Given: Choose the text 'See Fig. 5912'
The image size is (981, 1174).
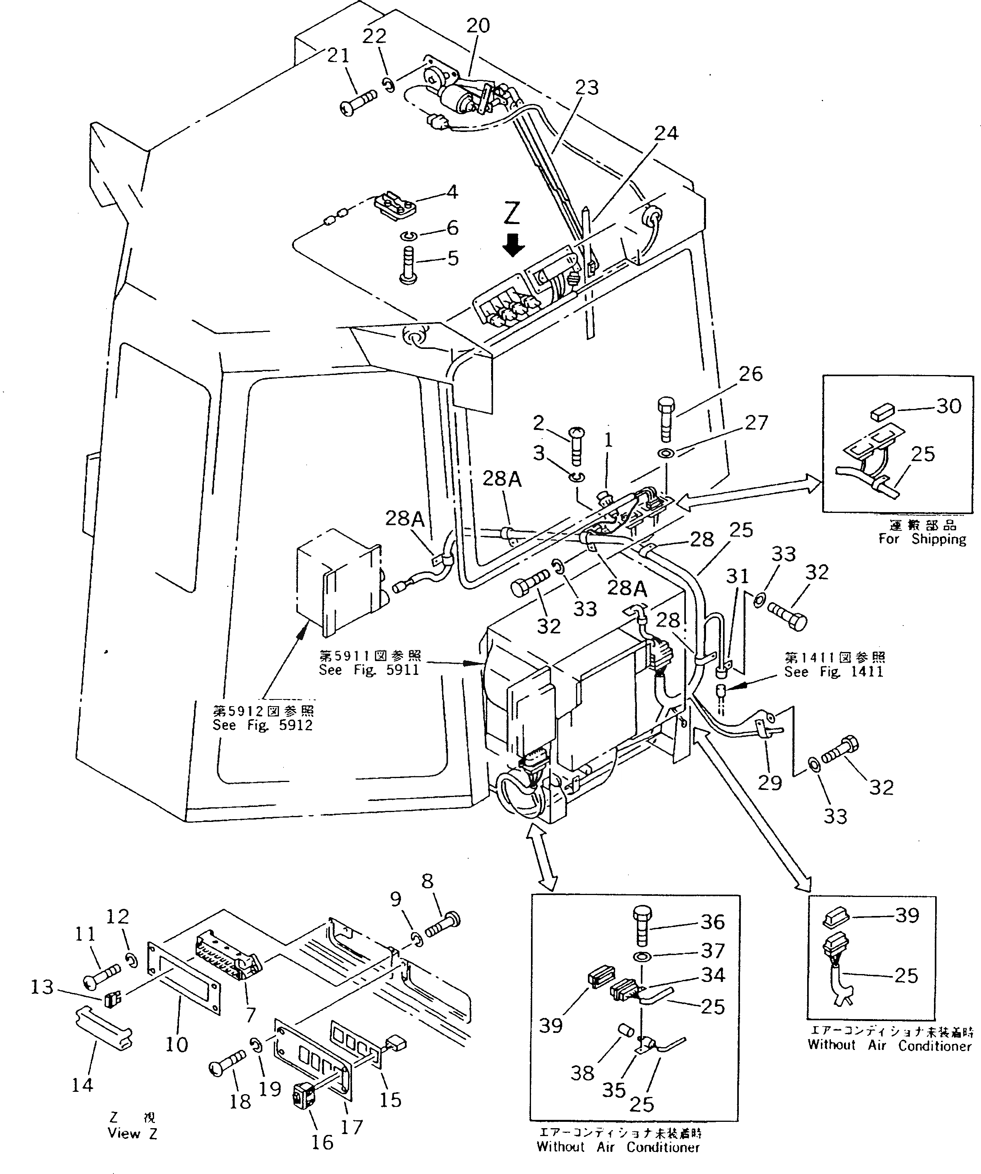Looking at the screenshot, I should tap(262, 725).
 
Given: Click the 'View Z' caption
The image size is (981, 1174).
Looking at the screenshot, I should tap(132, 1134).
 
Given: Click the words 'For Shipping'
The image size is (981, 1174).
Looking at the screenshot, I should tap(922, 539).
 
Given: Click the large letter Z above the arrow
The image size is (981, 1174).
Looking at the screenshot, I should tap(512, 213).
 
